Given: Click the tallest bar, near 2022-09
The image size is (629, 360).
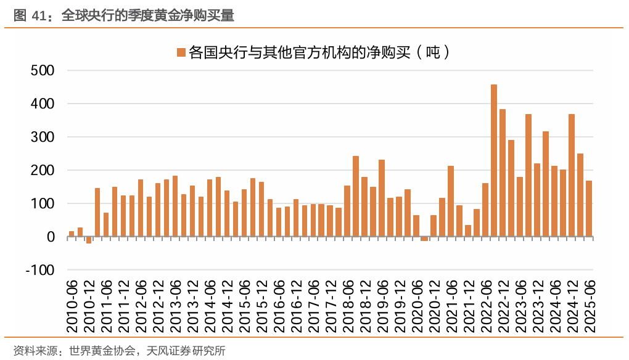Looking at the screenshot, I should click(494, 160).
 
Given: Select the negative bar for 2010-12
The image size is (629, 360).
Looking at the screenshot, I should click(89, 240).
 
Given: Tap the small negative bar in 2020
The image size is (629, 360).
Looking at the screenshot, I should click(424, 239).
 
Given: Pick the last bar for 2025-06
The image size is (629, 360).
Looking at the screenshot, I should click(589, 208).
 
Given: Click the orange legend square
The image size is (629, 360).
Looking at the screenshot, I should click(181, 52).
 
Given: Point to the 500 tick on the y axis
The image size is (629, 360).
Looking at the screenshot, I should click(43, 71).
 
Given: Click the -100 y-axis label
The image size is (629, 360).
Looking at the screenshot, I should click(39, 270).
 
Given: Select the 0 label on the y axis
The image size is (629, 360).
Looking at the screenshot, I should click(51, 237).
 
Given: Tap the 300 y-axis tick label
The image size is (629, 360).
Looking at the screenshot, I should click(43, 137).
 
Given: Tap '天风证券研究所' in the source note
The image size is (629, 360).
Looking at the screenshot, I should click(186, 351).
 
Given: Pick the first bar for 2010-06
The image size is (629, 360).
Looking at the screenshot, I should click(72, 234).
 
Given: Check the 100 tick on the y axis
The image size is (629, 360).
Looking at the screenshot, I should click(43, 203).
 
